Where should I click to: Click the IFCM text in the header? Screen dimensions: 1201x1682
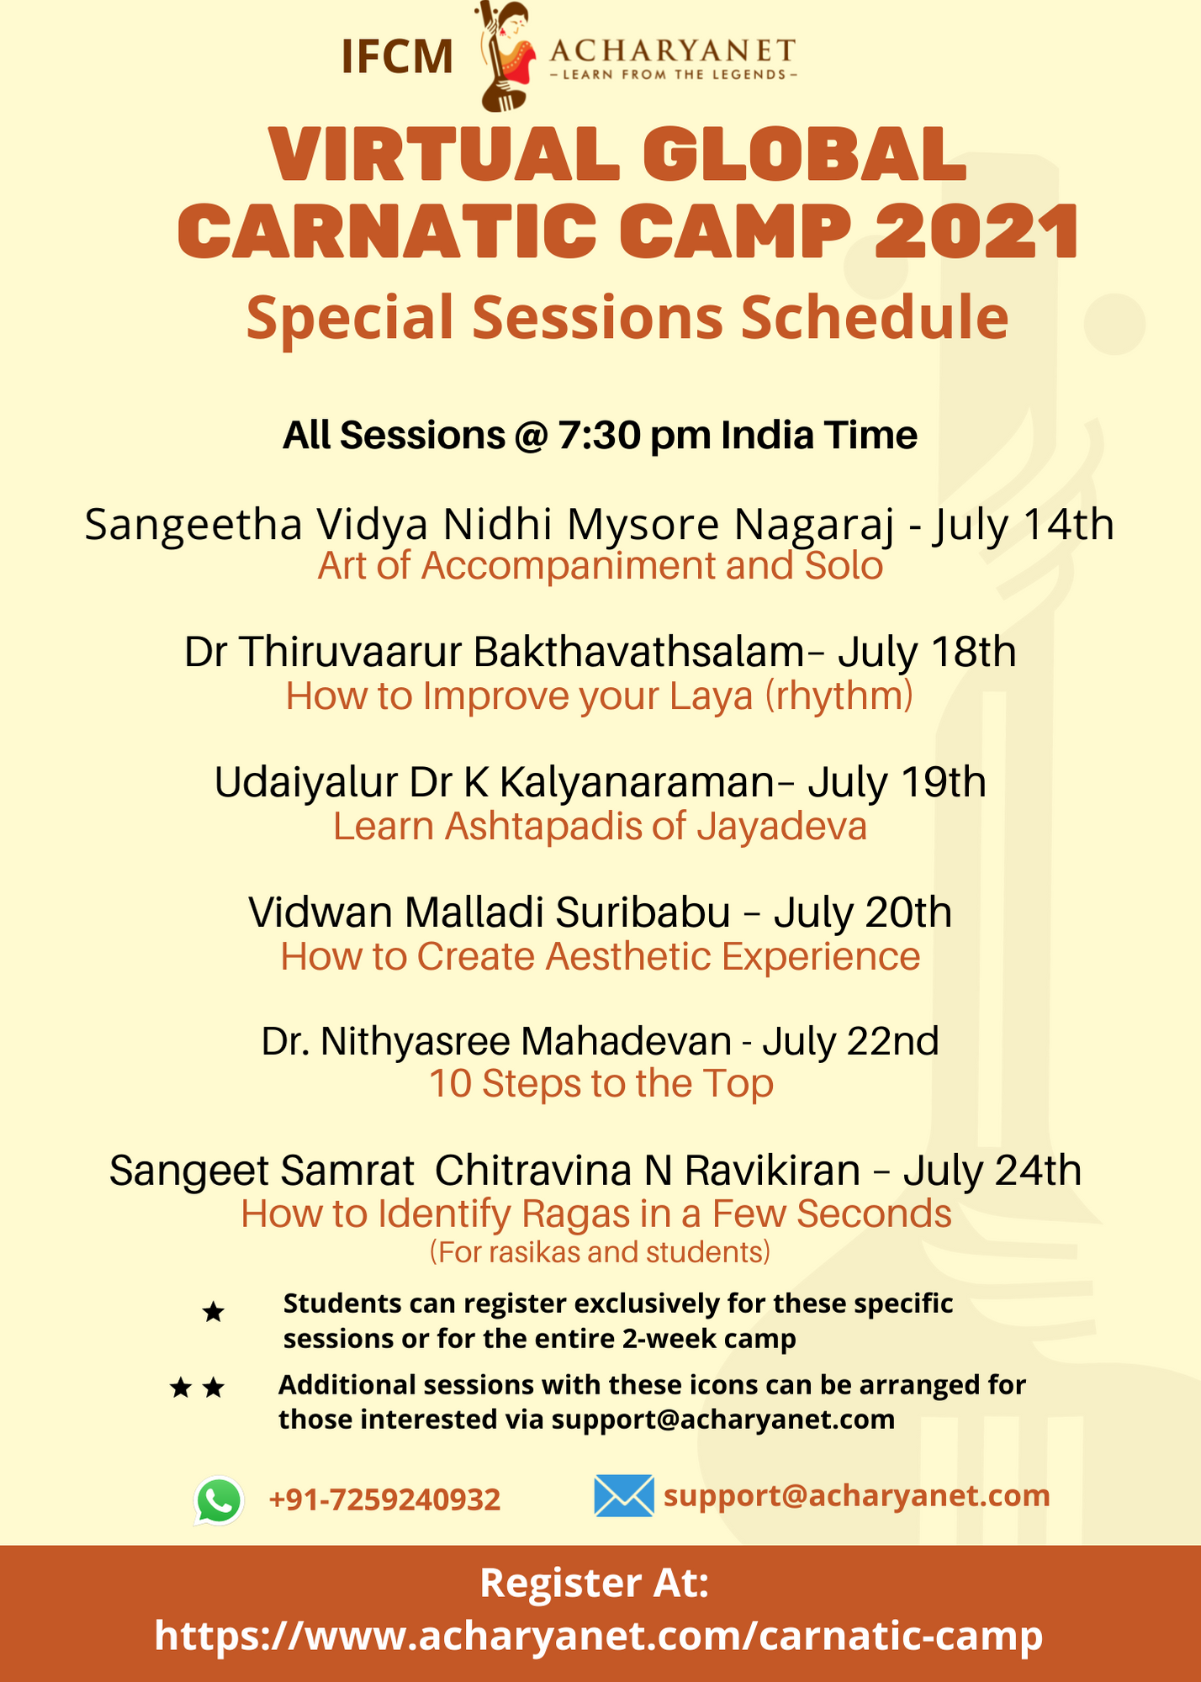point(397,57)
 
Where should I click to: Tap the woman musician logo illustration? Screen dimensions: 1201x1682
point(506,56)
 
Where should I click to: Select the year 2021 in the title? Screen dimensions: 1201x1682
point(976,230)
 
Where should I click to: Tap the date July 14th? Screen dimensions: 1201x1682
point(1023,525)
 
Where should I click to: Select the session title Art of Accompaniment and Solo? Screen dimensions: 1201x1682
point(600,566)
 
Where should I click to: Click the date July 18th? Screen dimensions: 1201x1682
point(927,652)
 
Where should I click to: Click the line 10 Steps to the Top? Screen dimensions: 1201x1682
point(601,1084)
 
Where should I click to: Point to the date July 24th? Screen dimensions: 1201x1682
point(992,1171)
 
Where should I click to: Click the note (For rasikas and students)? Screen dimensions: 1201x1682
point(600,1253)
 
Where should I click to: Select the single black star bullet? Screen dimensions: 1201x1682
point(214,1312)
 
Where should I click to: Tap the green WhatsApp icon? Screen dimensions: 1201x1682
point(219,1500)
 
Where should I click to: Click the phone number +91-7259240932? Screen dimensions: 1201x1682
point(384,1500)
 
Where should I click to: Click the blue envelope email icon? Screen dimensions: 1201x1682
point(624,1496)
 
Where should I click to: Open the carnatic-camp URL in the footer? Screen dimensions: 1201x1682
point(599,1636)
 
